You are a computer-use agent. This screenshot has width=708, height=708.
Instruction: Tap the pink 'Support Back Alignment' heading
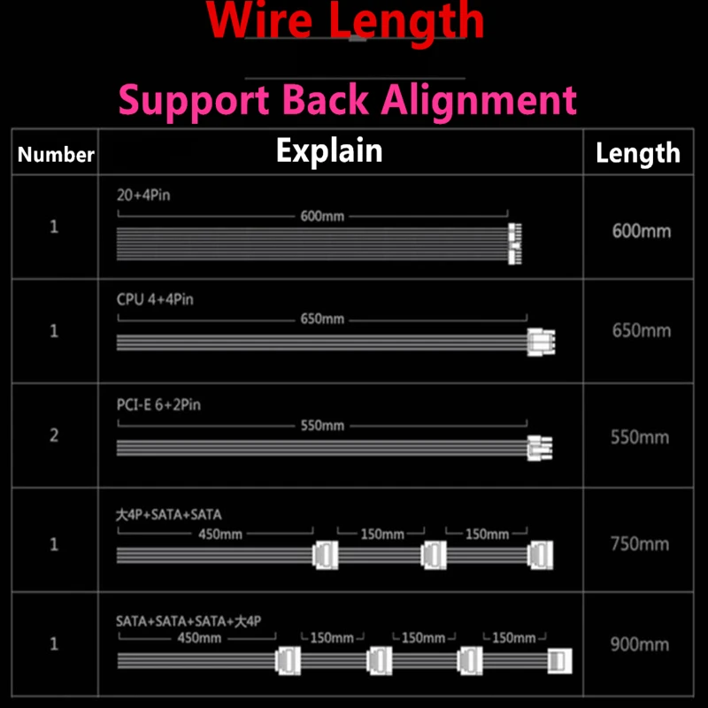pos(348,100)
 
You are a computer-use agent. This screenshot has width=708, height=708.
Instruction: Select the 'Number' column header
pos(56,155)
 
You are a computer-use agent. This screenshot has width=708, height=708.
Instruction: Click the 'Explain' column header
pos(329,150)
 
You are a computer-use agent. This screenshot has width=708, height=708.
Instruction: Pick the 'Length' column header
pos(637,153)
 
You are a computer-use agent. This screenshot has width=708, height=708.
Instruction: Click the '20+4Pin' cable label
pos(143,195)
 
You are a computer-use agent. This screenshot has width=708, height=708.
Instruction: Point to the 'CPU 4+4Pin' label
pos(155,299)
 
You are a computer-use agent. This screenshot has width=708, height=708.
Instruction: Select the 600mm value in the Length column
pos(642,232)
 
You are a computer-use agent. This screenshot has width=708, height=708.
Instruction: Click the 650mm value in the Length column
pos(642,331)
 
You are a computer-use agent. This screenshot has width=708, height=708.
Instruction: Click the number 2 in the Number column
pos(54,436)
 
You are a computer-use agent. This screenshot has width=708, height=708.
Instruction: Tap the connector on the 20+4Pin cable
pos(514,243)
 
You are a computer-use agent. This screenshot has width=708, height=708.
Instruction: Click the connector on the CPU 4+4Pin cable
pos(541,342)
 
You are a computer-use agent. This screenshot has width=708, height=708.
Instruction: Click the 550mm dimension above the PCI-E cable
pos(322,426)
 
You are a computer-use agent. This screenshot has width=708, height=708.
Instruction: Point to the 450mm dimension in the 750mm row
pos(220,535)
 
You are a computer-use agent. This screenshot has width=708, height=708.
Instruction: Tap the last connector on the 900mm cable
pos(560,659)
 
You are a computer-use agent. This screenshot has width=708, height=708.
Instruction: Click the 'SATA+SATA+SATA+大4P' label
pos(189,621)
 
